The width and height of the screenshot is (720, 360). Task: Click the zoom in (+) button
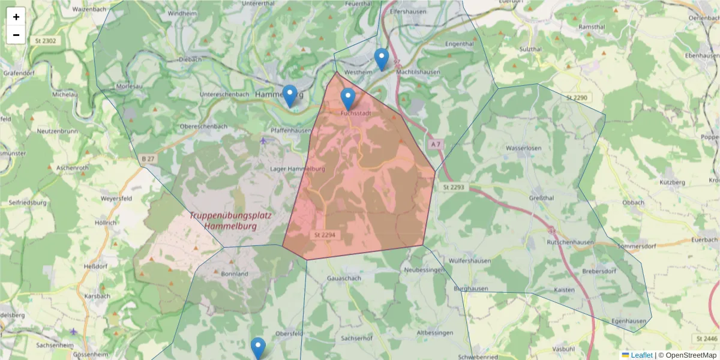tap(16, 17)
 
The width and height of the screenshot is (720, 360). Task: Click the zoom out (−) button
tap(16, 35)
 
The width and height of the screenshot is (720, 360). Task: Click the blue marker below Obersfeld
tap(258, 349)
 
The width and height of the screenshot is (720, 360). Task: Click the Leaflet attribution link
tap(641, 355)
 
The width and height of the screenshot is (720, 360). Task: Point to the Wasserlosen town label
tap(524, 148)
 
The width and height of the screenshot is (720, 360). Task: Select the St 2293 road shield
tap(454, 188)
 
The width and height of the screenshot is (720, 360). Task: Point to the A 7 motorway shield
tap(436, 145)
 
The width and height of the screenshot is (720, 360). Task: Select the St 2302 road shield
tap(46, 41)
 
